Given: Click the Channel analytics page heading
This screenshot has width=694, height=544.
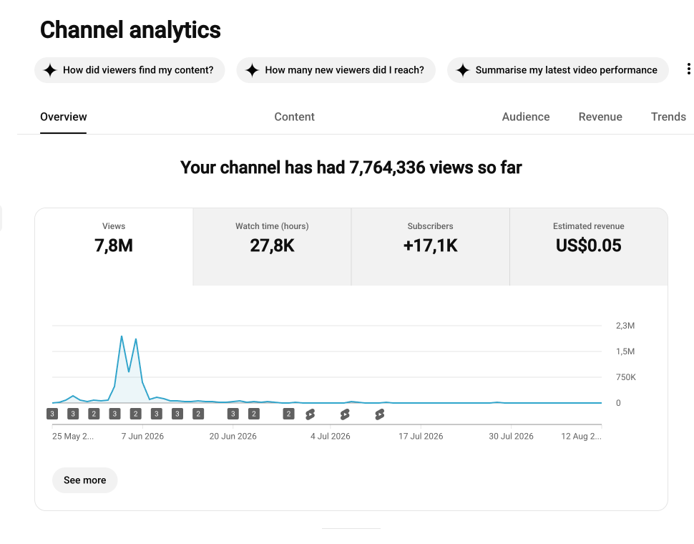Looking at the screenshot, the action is click(x=130, y=30).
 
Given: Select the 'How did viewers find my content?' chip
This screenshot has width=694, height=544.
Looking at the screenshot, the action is click(x=129, y=70).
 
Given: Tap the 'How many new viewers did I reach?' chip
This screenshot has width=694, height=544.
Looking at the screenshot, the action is click(x=336, y=70).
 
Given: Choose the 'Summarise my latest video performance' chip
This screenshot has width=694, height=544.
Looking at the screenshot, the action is click(x=557, y=70).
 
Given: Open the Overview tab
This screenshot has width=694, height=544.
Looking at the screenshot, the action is click(x=63, y=117).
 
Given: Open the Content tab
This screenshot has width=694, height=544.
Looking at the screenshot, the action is click(x=294, y=117).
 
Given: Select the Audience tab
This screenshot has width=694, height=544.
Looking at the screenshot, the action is click(x=526, y=117).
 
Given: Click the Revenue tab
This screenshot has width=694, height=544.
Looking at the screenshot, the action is click(x=600, y=117).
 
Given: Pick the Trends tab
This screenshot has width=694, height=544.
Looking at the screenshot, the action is click(x=668, y=117).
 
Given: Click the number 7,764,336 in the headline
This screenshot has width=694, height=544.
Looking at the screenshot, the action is click(x=387, y=167).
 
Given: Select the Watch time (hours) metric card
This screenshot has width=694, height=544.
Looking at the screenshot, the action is click(x=272, y=246).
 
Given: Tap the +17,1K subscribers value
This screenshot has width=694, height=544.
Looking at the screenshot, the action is click(x=430, y=246).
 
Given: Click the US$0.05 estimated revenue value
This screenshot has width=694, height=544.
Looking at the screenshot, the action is click(x=589, y=246).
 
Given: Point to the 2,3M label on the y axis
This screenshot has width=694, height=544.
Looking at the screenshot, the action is click(x=625, y=326).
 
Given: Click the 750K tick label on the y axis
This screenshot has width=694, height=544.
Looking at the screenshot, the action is click(x=626, y=377).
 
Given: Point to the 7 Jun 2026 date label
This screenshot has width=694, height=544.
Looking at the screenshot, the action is click(x=142, y=437).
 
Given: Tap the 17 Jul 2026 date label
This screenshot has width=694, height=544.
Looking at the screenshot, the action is click(x=421, y=437).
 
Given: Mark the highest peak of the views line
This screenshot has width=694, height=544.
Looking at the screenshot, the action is click(x=122, y=336).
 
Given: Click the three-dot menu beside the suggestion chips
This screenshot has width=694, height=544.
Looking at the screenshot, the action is click(x=688, y=69).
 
